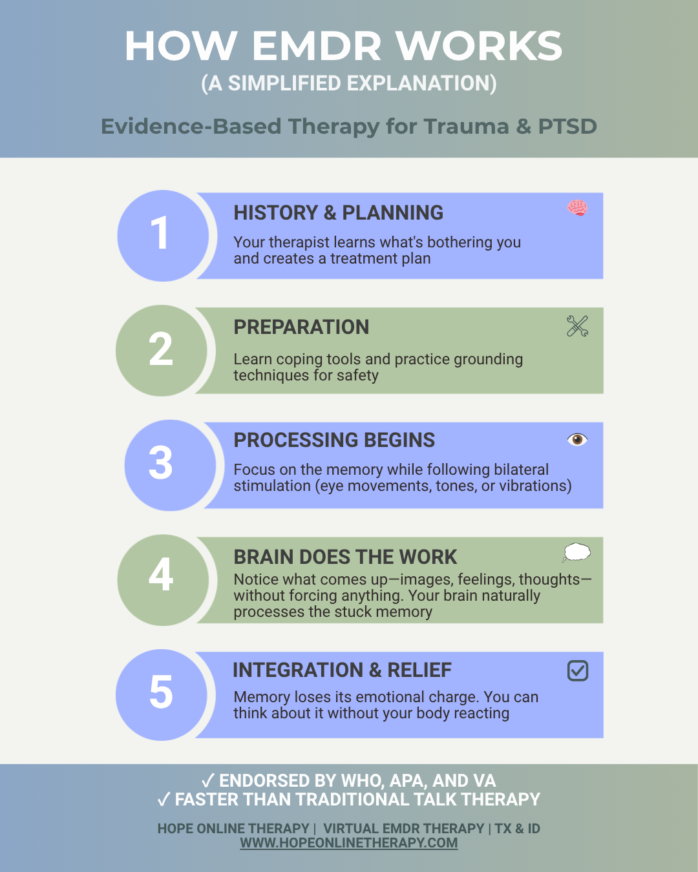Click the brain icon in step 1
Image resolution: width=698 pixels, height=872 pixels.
pos(577,208)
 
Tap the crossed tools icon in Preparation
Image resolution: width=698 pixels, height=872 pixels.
pos(577,326)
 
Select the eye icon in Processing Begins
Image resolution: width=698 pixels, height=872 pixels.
pos(577,440)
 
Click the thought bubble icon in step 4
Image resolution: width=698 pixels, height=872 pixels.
pos(576,552)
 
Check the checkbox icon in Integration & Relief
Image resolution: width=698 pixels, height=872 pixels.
pos(578,670)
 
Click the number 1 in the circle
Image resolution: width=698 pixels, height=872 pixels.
pos(160,234)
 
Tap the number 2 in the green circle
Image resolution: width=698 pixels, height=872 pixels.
pos(161,349)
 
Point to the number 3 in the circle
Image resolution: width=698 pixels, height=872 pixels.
pos(161,463)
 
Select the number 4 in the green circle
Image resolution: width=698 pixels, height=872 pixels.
pos(161,574)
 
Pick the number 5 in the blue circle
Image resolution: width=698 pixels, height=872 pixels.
pos(161,692)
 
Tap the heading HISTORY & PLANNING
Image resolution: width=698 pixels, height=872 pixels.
pos(338,213)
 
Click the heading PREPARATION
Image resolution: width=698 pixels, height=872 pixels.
pos(301,327)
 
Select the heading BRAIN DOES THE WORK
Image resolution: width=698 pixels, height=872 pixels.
pos(345,557)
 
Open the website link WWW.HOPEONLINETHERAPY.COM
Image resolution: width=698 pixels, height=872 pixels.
pos(349,843)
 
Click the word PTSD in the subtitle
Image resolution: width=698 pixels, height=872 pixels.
pos(567,126)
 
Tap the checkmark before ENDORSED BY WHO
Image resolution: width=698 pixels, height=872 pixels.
pos(207,781)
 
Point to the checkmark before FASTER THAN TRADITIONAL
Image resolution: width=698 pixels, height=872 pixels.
pos(164,800)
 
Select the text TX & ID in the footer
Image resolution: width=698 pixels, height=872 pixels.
pos(517,828)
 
